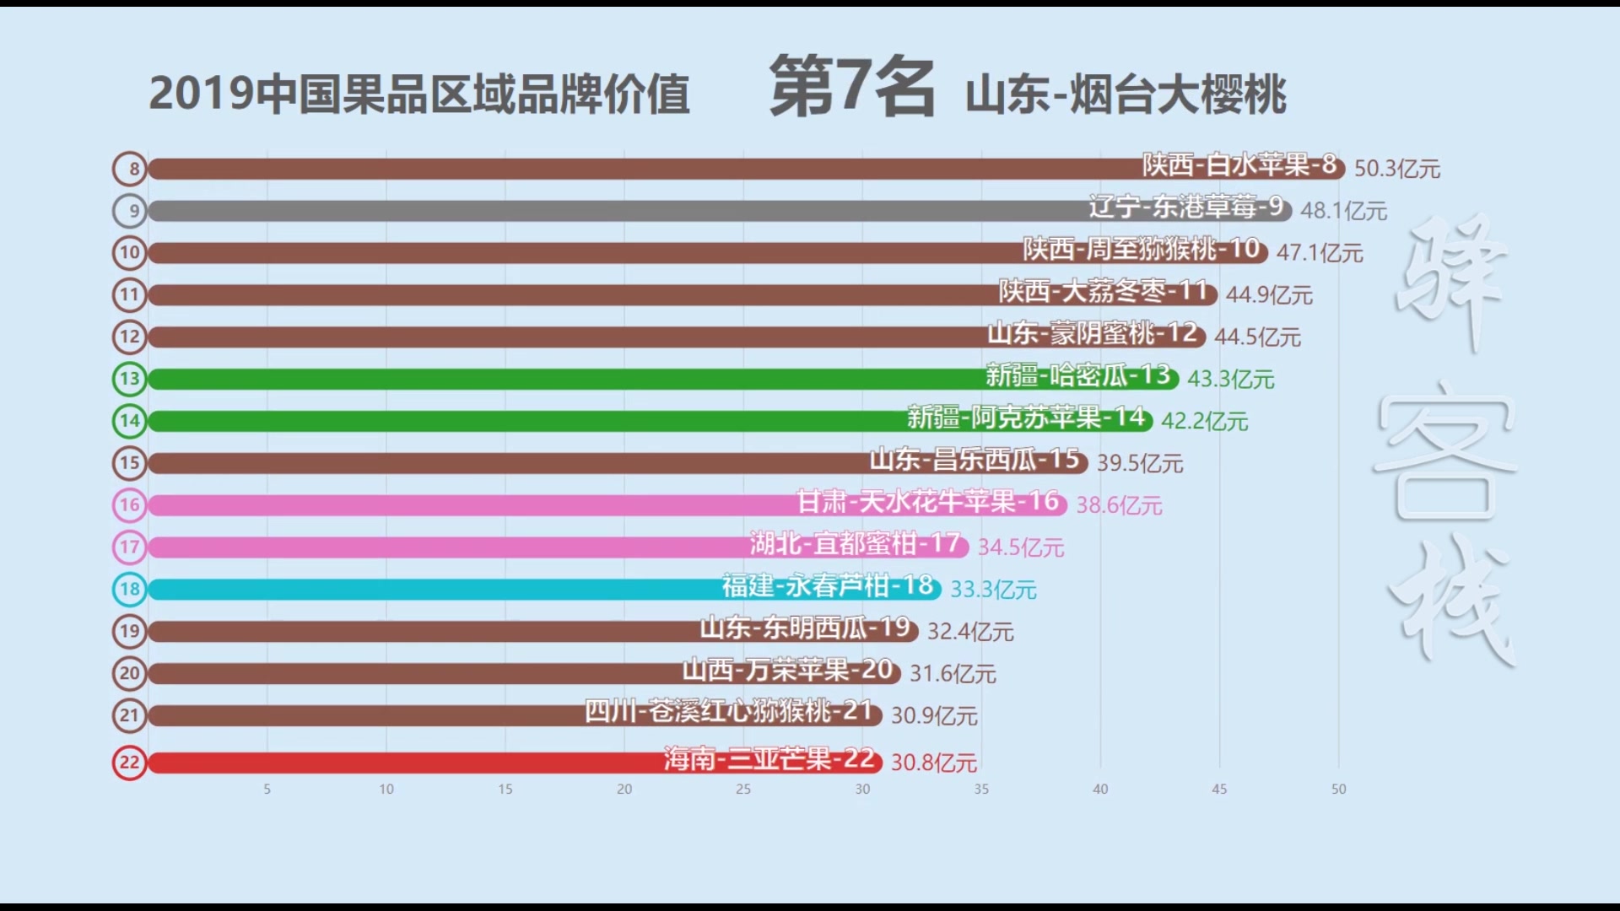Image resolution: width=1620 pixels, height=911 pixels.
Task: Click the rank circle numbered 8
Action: (130, 169)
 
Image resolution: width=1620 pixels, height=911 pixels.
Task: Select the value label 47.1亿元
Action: (1320, 252)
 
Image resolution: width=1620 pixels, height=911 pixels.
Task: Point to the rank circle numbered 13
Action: (130, 379)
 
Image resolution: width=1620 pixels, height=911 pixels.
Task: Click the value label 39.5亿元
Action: (1140, 463)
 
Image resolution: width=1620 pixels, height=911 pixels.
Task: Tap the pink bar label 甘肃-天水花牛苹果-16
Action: (928, 502)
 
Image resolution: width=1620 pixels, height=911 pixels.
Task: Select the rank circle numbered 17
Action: (130, 547)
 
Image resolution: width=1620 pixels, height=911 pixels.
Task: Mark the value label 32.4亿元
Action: (970, 631)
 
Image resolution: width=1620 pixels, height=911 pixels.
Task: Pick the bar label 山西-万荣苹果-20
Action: (788, 671)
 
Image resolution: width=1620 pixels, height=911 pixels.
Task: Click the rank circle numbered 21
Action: (130, 715)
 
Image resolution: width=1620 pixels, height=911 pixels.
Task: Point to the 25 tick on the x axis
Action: (743, 789)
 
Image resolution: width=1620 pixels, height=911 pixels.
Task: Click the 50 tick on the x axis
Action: (1338, 789)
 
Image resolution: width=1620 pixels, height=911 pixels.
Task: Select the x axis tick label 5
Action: (267, 789)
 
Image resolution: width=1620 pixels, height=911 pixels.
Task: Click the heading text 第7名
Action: (852, 87)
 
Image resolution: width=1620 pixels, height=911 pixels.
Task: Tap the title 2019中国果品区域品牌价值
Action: (419, 94)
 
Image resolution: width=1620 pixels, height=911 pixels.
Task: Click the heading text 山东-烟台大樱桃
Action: (1126, 94)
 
